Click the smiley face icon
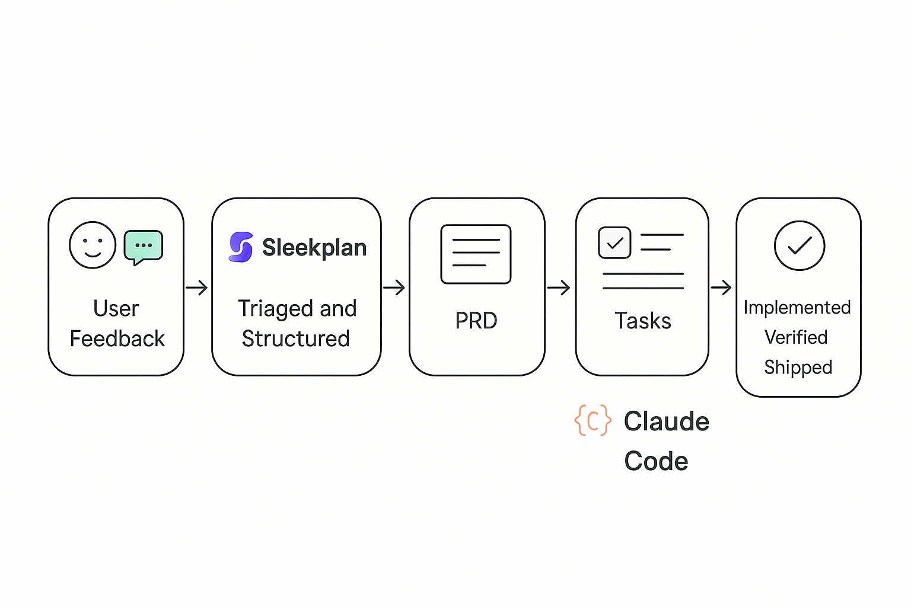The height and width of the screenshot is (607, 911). [93, 245]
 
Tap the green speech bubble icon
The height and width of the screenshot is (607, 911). [144, 247]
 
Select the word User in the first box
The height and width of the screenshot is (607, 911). [116, 309]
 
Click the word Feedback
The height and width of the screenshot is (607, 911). [117, 339]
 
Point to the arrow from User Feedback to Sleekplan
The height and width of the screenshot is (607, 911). [197, 288]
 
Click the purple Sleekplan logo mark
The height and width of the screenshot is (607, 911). [241, 247]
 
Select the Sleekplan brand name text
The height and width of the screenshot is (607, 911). [314, 248]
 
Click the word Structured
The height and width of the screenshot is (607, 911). [296, 339]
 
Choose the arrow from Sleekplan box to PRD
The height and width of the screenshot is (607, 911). [394, 288]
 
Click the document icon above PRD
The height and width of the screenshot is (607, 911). [476, 254]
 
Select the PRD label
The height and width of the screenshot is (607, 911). [476, 321]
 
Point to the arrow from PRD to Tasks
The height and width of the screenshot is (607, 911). [559, 288]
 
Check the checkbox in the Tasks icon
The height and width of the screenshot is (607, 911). [614, 242]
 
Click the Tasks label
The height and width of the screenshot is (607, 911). [643, 321]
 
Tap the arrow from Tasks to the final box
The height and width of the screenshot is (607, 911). [721, 288]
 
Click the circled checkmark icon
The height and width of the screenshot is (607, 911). [799, 245]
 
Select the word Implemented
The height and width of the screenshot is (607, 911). [797, 308]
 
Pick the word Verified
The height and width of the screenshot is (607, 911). [796, 337]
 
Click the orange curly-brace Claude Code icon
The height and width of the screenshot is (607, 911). [593, 420]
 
